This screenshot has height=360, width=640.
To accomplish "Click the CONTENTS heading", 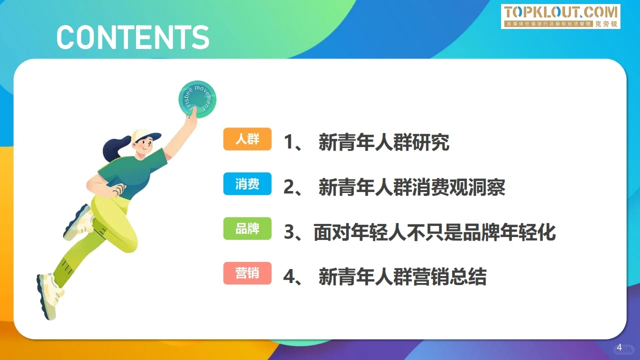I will pos(132,36).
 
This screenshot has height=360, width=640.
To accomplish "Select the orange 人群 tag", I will pos(247,139).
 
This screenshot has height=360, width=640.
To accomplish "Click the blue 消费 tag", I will pos(247,184).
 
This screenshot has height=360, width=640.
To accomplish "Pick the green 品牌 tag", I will pos(247,229).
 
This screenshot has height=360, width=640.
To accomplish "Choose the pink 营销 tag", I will pos(247,273).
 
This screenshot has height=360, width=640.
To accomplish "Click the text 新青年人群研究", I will pos(384,143).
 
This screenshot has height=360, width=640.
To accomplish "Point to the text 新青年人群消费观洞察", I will pos(412,188).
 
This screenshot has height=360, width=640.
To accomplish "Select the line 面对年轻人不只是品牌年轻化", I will pos(434,232).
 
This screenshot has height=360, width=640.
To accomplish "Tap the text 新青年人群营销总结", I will pos(402,277).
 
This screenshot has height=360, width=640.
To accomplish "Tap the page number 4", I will pos(619,347).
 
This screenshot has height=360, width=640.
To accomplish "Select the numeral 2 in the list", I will pos(289,188).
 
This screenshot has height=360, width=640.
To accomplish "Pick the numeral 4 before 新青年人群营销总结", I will pos(289,277).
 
